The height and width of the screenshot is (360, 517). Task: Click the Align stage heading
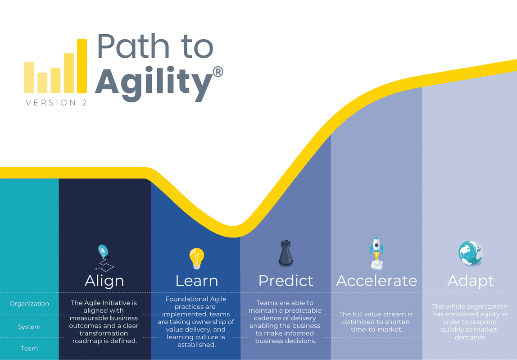click(104, 281)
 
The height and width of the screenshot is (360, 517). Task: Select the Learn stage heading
click(196, 281)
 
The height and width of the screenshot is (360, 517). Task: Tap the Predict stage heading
click(286, 281)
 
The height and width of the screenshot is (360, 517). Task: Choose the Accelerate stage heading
click(376, 281)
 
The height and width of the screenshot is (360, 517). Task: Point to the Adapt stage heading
click(471, 281)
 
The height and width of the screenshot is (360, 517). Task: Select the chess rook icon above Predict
click(286, 253)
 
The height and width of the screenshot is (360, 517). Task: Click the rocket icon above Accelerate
click(376, 252)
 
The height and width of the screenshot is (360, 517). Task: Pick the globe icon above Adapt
click(470, 253)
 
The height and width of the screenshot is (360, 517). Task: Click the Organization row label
click(29, 304)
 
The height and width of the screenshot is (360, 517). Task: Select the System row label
click(29, 327)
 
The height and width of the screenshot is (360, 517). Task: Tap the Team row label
click(29, 348)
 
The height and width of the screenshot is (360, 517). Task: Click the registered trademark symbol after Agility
click(218, 72)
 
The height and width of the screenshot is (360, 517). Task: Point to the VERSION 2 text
click(56, 103)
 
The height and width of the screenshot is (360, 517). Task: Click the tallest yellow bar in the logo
click(82, 66)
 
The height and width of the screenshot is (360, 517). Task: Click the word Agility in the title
click(153, 82)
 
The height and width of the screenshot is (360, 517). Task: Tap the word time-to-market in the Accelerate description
click(376, 329)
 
